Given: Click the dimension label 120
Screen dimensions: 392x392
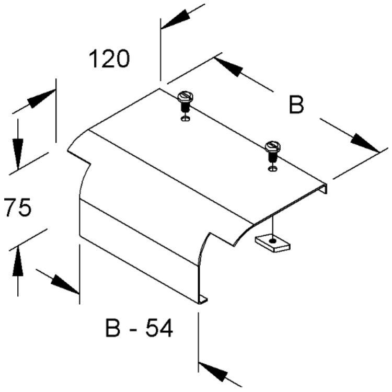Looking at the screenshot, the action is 109,59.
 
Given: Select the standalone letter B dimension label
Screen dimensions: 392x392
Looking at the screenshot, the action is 296,104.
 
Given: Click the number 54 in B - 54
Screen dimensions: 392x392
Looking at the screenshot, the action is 159,328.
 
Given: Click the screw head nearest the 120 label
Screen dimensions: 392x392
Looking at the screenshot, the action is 186,96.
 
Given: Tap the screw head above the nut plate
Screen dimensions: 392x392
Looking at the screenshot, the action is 272,146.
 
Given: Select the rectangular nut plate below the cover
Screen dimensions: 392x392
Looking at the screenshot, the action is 272,243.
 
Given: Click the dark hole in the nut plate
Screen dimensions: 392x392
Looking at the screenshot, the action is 273,241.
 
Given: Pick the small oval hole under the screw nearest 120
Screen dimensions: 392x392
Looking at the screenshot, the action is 185,119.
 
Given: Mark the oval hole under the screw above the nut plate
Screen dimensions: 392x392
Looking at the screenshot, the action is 272,168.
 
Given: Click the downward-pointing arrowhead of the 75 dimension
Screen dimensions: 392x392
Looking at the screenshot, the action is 18,154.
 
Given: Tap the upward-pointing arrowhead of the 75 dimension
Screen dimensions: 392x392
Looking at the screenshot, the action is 18,261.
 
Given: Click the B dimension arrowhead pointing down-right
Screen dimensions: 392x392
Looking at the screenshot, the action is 365,143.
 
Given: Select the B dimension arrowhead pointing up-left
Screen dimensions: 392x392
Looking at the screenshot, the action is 228,67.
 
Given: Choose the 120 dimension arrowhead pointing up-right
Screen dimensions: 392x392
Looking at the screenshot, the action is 41,98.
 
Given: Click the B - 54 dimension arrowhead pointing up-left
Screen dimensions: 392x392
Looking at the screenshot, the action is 213,371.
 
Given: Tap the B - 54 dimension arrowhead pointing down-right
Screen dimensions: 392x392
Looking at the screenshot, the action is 65,284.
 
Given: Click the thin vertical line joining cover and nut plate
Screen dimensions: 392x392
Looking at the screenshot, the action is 273,227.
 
